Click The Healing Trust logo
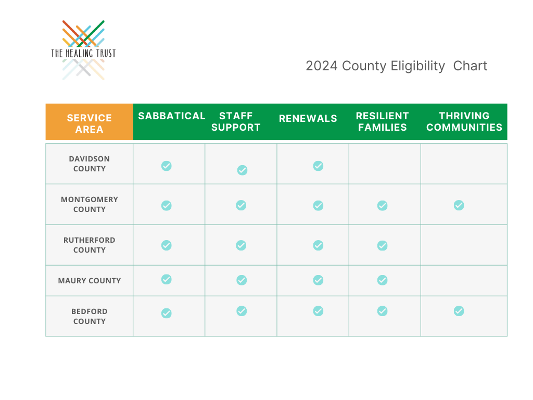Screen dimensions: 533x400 click(x=84, y=51)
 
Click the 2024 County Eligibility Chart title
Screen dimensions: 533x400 click(x=396, y=66)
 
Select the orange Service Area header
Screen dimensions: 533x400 click(x=90, y=122)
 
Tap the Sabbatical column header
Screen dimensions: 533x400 click(x=172, y=116)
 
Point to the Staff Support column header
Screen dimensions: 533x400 click(x=236, y=121)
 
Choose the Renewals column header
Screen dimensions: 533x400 click(x=308, y=118)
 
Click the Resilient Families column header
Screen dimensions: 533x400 click(x=383, y=121)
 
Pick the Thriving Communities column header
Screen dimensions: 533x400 click(x=464, y=121)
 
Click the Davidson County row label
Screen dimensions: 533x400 click(x=90, y=164)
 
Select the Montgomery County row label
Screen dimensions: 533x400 click(x=90, y=204)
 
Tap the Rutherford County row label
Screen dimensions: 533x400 click(x=90, y=245)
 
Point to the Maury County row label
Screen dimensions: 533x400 click(x=90, y=281)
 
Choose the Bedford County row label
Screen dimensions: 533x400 click(x=90, y=316)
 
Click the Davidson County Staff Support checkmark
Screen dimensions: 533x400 click(x=243, y=170)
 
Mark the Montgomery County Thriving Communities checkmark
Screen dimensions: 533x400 click(x=459, y=205)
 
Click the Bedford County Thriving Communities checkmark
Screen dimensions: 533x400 click(x=459, y=311)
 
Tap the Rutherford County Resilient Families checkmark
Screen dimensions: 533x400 click(x=383, y=246)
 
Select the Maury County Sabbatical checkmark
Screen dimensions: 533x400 click(x=167, y=279)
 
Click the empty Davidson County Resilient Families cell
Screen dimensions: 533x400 click(x=385, y=164)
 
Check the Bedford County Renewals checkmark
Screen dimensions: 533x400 click(x=318, y=311)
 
